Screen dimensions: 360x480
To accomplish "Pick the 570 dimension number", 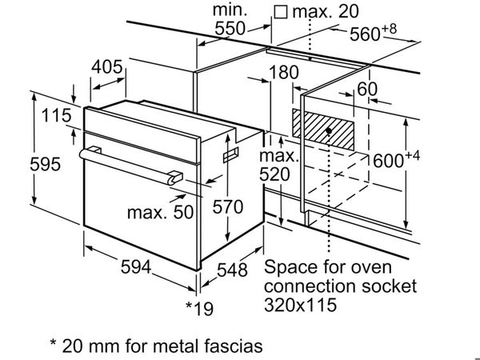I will click(227, 206).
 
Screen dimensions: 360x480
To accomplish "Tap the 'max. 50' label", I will click(161, 212).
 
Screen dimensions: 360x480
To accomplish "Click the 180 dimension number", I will click(284, 72).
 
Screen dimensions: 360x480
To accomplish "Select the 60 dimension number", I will click(367, 89).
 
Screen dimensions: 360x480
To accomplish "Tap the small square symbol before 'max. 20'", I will click(280, 11).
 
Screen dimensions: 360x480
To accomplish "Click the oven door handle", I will click(128, 164).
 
